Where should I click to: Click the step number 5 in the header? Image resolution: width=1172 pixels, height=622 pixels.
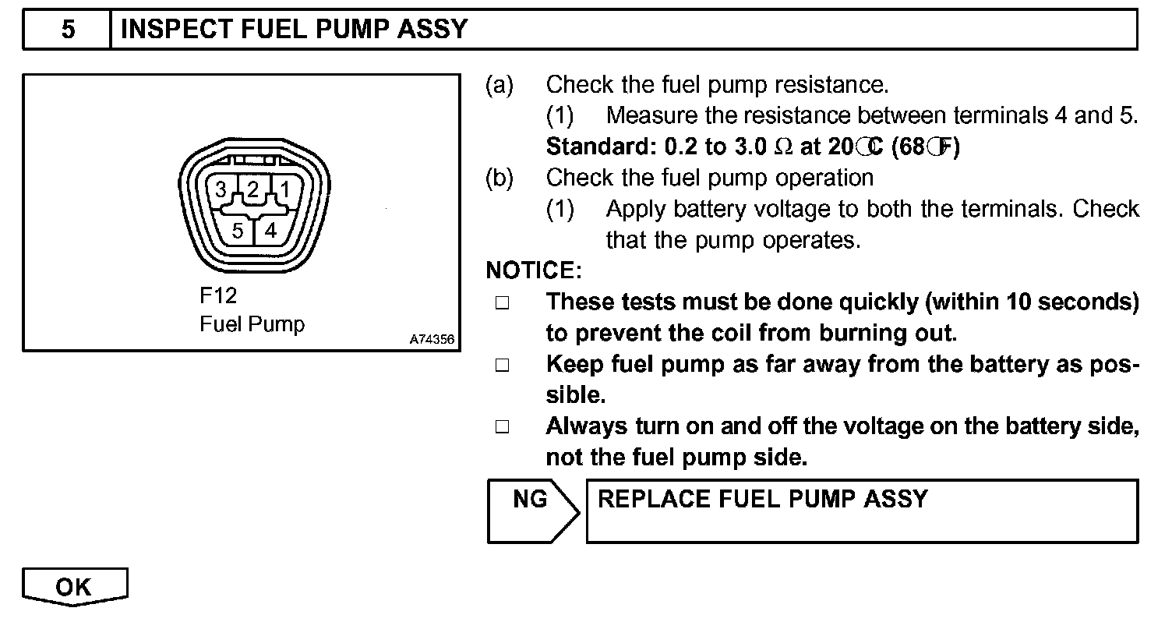[68, 30]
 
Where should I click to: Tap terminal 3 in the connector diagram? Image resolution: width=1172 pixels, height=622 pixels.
[221, 189]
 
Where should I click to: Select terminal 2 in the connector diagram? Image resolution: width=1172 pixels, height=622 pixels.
[252, 189]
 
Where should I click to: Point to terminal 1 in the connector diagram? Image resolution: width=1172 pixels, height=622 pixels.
[285, 189]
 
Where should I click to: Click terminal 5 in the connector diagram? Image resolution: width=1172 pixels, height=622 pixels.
[238, 231]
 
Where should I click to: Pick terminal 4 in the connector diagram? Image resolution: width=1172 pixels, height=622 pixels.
[270, 231]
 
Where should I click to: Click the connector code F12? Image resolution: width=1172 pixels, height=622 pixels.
[218, 296]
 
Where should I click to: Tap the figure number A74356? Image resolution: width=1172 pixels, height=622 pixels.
[432, 340]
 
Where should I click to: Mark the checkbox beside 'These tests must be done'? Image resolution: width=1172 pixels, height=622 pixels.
[502, 303]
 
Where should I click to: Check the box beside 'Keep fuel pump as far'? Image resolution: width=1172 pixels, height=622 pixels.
[502, 366]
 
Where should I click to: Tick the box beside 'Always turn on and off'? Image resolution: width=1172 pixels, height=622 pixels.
[502, 427]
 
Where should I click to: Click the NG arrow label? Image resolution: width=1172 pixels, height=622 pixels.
[531, 500]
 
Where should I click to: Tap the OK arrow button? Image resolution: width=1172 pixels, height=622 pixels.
[74, 587]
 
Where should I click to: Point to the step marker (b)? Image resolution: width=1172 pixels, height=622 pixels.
[500, 178]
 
